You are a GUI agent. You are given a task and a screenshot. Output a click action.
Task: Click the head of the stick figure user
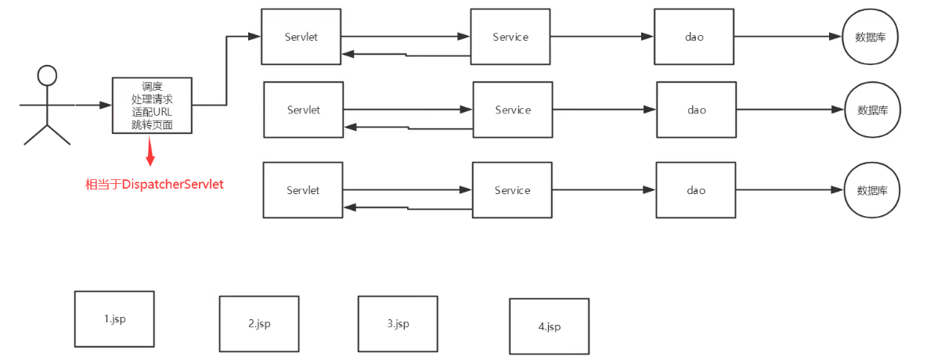tap(48, 76)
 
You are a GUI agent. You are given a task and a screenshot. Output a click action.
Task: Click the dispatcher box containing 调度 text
tap(153, 105)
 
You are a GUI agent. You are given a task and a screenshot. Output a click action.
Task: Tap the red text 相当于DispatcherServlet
tap(154, 185)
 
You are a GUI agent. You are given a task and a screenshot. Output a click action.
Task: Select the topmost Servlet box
tap(301, 37)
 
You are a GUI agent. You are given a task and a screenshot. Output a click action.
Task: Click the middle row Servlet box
tap(304, 110)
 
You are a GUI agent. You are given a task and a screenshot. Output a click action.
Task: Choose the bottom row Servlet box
tap(303, 190)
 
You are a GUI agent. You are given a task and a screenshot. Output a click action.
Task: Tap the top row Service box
tap(510, 37)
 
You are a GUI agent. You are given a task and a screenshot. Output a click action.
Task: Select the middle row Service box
tap(513, 110)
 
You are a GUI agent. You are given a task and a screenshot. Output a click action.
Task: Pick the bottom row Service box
tap(512, 190)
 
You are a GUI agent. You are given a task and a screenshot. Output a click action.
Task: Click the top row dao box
tap(694, 37)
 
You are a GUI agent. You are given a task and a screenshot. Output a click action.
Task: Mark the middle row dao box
tap(697, 110)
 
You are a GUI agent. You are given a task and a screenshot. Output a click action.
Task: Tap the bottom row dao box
tap(696, 190)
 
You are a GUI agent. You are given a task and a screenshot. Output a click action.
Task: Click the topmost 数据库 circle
tap(870, 37)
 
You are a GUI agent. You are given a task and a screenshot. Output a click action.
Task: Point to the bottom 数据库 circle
tap(872, 190)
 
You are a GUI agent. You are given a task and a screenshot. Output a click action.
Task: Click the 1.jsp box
tap(114, 319)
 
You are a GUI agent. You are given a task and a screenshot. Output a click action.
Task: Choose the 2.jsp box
tap(259, 323)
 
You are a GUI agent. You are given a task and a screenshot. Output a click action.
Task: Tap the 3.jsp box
tap(398, 323)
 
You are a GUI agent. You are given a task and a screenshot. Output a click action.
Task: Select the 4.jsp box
tap(550, 326)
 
